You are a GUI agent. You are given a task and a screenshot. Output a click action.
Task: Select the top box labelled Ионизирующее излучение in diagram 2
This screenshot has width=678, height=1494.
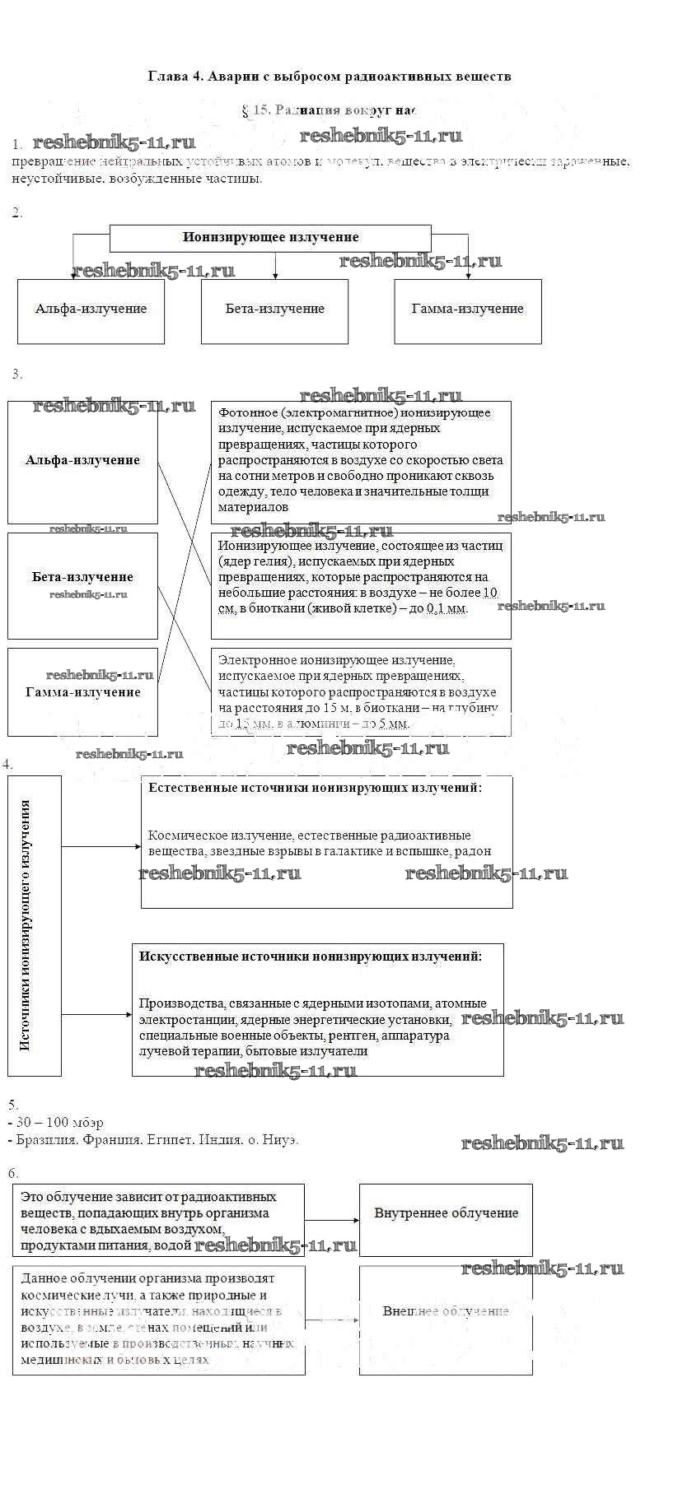tap(270, 238)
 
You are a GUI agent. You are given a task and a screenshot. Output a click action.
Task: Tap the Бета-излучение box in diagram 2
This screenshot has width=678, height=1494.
tap(274, 310)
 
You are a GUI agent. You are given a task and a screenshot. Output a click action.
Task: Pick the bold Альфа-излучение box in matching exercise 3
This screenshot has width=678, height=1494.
tap(82, 461)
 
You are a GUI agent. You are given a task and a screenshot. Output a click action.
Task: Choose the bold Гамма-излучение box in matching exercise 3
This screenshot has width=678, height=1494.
tap(82, 692)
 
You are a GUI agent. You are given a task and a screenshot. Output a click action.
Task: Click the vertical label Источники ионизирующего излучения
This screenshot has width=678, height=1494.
tap(26, 925)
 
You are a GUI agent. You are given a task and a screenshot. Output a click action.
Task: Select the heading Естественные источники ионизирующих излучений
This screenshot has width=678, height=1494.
tap(315, 788)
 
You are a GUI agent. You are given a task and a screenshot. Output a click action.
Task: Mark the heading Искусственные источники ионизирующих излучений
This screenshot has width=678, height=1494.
tap(310, 956)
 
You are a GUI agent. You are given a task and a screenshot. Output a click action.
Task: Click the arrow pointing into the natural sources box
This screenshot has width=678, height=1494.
tap(101, 846)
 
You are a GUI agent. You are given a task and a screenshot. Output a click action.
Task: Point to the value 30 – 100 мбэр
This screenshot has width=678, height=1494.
tap(60, 1123)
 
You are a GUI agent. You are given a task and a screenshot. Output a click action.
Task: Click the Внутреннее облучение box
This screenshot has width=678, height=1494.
tap(446, 1213)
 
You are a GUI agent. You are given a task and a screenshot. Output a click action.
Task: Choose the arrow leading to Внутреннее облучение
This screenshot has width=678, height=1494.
tap(332, 1221)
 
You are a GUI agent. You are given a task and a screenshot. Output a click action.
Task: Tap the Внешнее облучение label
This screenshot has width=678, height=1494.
tap(446, 1311)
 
